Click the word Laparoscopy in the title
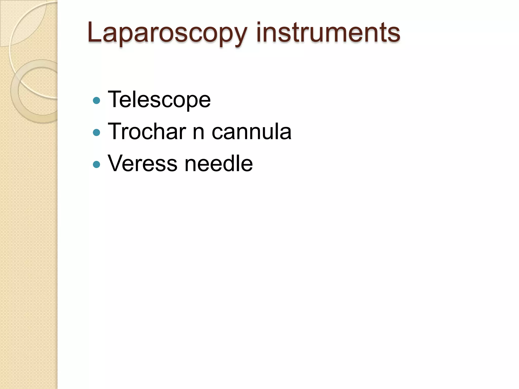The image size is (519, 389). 167,33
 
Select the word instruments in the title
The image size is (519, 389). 328,33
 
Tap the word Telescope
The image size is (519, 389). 159,100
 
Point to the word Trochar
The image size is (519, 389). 147,131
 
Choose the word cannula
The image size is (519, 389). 251,131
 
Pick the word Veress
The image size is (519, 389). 142,163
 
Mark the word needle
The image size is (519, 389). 218,163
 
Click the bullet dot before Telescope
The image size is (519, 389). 97,101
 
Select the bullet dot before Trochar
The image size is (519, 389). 97,132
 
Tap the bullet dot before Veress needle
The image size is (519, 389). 97,165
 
